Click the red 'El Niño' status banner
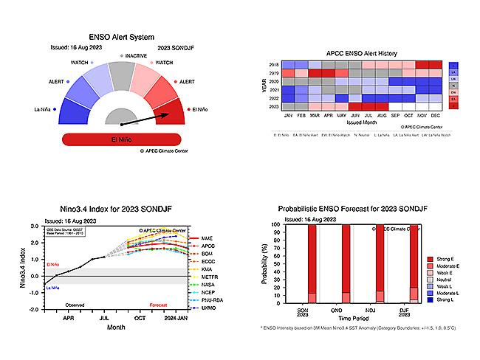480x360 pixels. [120, 139]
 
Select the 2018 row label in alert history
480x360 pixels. [274, 65]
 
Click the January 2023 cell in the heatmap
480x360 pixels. [288, 105]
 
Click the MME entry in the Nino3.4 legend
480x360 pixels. [208, 238]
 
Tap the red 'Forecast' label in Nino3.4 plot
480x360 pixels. [159, 305]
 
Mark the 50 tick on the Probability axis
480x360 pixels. [275, 263]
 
